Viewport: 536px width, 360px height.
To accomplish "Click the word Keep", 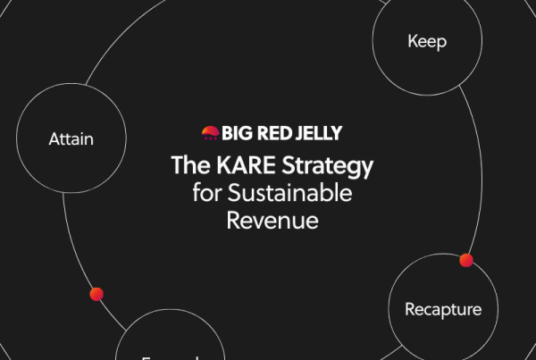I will click(426, 41).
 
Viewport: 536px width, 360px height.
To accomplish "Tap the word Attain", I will click(71, 138).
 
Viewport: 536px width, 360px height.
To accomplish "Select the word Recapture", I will click(443, 310).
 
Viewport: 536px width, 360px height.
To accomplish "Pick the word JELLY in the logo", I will click(319, 134).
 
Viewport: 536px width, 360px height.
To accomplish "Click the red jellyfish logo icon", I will click(210, 134).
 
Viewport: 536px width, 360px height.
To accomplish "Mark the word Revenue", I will click(272, 221).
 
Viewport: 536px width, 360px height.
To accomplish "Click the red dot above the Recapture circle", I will click(465, 260).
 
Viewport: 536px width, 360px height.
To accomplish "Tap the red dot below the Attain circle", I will click(96, 294).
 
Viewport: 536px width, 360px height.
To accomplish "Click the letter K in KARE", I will click(220, 166).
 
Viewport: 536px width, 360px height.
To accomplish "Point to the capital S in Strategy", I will click(284, 166).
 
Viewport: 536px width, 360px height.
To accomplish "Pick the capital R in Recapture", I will click(410, 310).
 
